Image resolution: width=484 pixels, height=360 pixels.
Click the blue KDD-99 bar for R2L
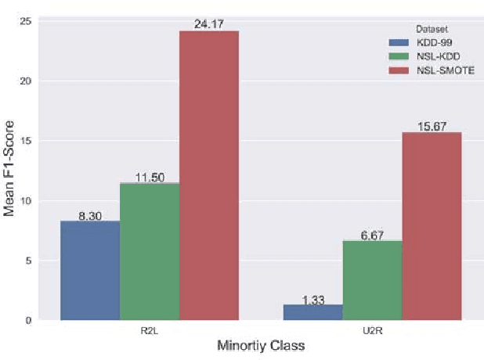tap(90, 270)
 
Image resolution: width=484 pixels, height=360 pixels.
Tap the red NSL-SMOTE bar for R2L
tap(209, 175)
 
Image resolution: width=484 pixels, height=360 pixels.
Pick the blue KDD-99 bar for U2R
tap(313, 311)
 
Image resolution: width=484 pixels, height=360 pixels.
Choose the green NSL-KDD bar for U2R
tap(373, 279)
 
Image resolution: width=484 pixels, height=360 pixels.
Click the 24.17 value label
tap(209, 24)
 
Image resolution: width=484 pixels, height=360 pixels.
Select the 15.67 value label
tap(432, 126)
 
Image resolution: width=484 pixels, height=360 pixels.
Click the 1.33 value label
tap(313, 298)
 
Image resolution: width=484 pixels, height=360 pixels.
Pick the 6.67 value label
tap(373, 234)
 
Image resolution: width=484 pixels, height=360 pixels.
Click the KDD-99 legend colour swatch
tap(400, 41)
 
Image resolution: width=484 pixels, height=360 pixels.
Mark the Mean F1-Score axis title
tap(10, 169)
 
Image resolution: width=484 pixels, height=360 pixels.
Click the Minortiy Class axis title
tap(260, 345)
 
